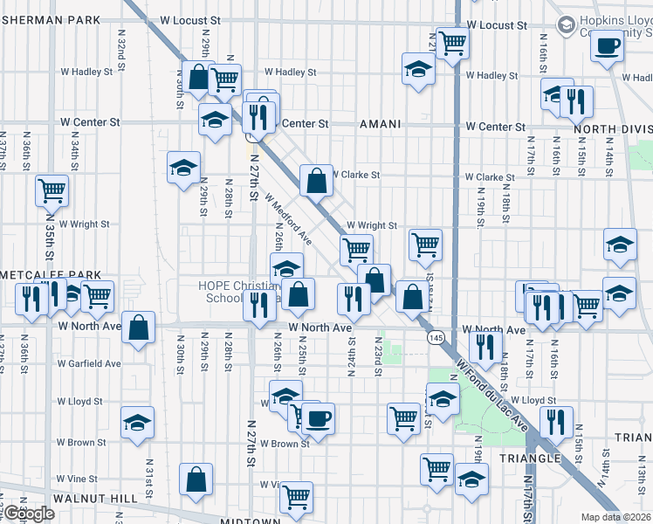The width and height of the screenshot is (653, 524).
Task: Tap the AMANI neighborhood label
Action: (x=380, y=125)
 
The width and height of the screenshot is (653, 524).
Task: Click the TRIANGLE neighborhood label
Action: (x=529, y=458)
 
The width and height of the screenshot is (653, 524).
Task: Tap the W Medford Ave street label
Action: (x=288, y=220)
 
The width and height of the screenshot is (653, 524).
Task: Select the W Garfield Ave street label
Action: (x=89, y=363)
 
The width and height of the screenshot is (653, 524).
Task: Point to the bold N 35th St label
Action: (x=50, y=240)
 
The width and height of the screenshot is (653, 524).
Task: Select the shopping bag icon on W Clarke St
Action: (x=316, y=181)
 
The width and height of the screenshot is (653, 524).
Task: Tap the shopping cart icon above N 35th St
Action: (x=52, y=189)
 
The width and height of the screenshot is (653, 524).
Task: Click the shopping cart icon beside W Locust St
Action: (x=452, y=41)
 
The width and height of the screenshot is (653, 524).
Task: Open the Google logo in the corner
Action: (x=29, y=514)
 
